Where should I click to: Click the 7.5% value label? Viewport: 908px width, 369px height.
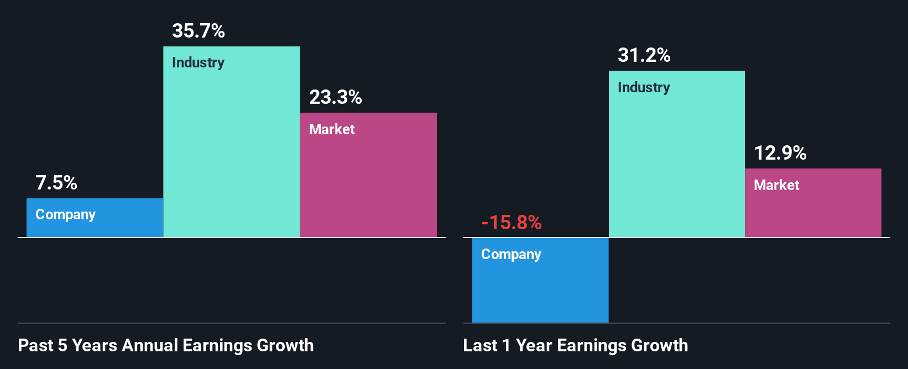[56, 183]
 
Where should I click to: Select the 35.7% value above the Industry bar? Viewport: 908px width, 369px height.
[198, 31]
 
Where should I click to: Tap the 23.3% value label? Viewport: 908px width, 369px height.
[335, 97]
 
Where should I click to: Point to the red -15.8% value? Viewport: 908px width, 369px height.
[511, 223]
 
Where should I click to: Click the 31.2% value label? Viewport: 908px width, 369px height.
[644, 55]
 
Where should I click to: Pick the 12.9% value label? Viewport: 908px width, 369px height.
[780, 153]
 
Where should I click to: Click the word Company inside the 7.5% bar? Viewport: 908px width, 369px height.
[65, 214]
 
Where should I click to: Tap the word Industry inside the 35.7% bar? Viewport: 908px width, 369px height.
[198, 62]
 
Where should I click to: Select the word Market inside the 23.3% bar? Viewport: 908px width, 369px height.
[332, 129]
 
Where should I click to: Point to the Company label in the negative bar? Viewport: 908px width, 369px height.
[511, 254]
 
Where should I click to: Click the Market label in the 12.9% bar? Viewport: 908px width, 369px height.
[776, 185]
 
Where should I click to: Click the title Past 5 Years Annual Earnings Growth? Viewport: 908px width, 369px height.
[166, 345]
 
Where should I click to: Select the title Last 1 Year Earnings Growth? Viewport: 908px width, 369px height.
[575, 345]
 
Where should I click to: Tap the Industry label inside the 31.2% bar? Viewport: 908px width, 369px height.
[644, 87]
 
